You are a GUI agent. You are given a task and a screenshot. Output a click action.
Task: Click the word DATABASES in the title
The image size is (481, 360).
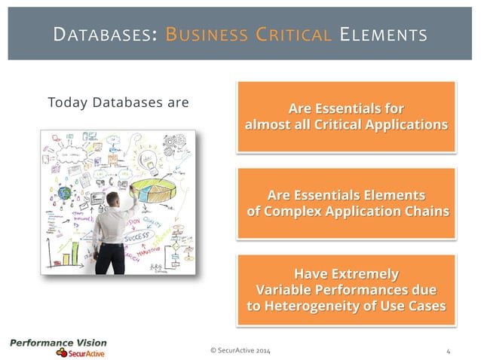click(101, 35)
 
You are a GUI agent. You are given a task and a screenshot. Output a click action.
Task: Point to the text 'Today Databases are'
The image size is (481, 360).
click(118, 102)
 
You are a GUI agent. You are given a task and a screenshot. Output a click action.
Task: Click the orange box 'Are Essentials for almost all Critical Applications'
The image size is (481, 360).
click(346, 116)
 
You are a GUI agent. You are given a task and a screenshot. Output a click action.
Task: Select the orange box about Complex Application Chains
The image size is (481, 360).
click(346, 203)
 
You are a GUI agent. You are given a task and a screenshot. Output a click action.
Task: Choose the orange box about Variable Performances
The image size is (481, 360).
click(346, 289)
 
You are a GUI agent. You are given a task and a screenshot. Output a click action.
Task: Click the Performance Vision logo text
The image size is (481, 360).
click(58, 343)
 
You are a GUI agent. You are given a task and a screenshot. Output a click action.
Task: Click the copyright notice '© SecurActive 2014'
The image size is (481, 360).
click(240, 352)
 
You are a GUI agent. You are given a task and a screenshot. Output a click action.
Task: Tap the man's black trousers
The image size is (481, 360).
click(112, 256)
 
